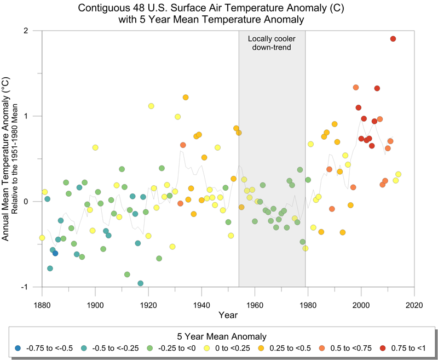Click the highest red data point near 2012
tap(393, 38)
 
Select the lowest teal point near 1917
tap(141, 283)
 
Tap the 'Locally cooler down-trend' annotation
tap(271, 43)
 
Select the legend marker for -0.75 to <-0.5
tap(19, 348)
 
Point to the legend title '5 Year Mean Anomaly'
tap(222, 336)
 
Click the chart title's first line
tap(219, 9)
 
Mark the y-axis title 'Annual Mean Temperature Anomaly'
tap(7, 159)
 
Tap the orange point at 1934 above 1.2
tap(186, 98)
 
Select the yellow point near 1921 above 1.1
tap(151, 106)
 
